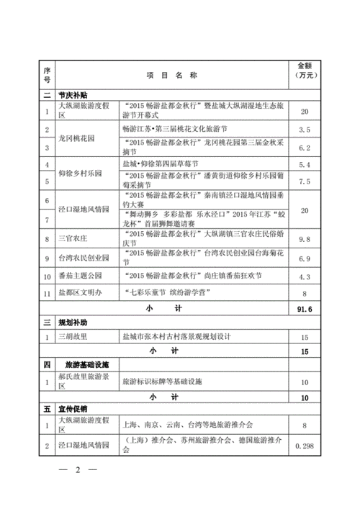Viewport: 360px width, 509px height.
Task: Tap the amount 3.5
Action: click(x=304, y=130)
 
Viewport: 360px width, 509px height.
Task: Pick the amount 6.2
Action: click(x=304, y=148)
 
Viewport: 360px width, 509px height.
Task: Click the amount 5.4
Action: click(x=304, y=165)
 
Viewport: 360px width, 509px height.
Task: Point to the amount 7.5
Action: click(x=304, y=182)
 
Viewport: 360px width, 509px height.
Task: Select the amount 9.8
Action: click(x=304, y=238)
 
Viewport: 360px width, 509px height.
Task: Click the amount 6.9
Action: click(x=304, y=257)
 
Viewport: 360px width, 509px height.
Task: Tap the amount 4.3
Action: click(x=304, y=276)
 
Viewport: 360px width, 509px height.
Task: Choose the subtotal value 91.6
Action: click(x=304, y=310)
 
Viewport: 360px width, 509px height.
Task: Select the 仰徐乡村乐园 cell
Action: click(x=81, y=174)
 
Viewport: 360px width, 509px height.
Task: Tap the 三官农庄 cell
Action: click(x=74, y=238)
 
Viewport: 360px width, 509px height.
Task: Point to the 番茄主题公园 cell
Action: click(x=81, y=276)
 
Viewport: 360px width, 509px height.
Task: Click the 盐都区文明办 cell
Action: click(x=81, y=293)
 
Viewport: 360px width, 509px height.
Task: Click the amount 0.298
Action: click(x=304, y=446)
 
